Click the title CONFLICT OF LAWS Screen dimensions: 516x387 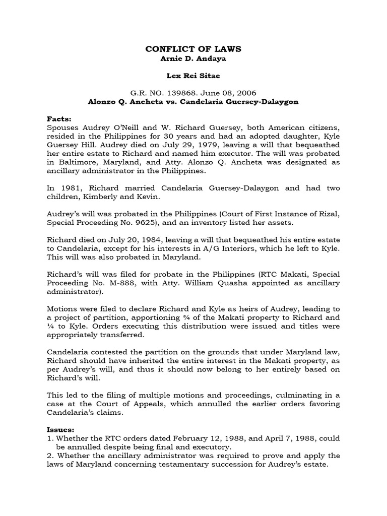click(x=193, y=49)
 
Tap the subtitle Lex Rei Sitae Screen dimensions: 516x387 click(x=193, y=76)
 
